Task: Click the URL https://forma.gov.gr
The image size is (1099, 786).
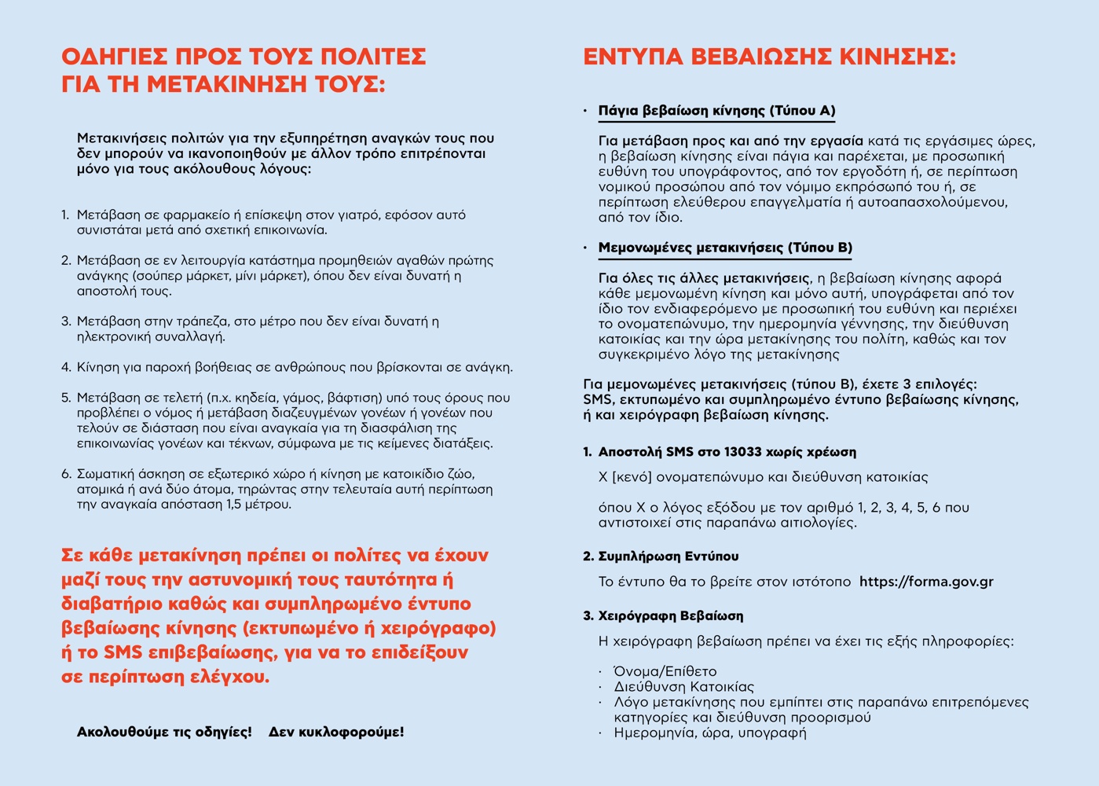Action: tap(926, 582)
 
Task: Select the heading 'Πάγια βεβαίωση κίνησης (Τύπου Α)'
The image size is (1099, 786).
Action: tap(716, 111)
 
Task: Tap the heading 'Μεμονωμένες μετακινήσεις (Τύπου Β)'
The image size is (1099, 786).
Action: tap(725, 248)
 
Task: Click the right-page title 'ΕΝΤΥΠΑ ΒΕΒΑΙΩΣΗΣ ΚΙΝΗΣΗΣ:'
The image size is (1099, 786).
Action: tap(769, 57)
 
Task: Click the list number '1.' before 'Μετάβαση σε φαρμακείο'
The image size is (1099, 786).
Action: tap(66, 215)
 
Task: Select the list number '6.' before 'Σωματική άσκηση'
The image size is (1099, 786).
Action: tap(66, 474)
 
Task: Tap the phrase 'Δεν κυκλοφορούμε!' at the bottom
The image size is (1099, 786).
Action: tap(336, 732)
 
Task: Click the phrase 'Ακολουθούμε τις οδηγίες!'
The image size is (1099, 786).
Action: tap(164, 732)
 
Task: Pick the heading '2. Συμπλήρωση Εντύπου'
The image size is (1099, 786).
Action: tap(661, 556)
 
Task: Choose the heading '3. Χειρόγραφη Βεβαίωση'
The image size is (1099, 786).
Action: tap(663, 615)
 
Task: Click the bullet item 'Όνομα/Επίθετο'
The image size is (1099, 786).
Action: tap(665, 671)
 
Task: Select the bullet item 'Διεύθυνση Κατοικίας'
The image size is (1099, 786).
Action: tap(683, 687)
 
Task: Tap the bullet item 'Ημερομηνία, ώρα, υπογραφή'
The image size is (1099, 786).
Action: tap(710, 733)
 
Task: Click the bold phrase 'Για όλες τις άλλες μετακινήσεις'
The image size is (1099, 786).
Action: tap(704, 278)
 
